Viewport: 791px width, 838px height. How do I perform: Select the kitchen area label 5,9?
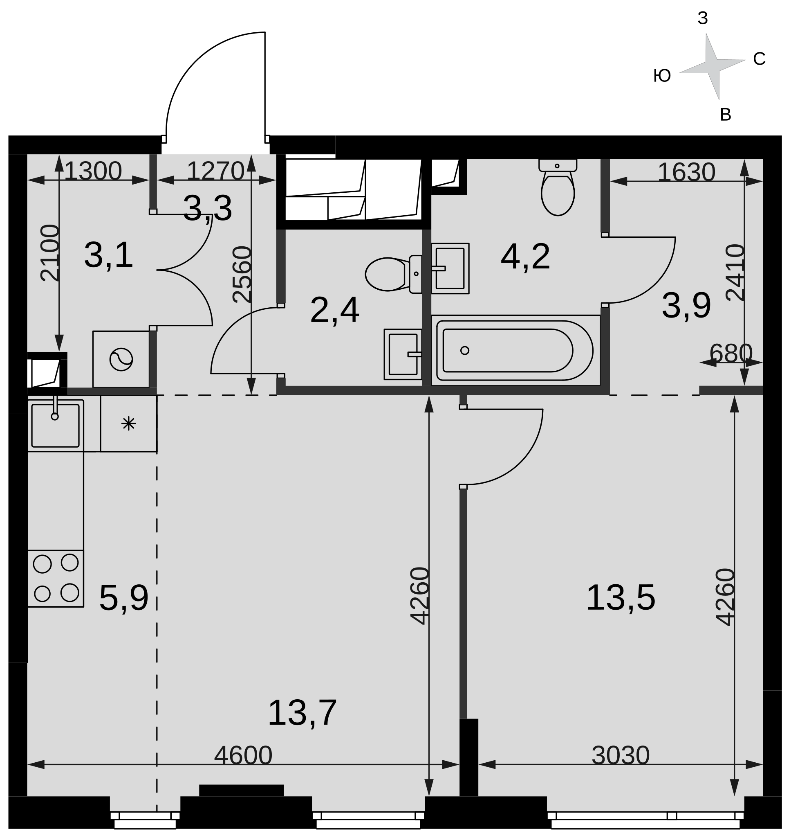(x=123, y=598)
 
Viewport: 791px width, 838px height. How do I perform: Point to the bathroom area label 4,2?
(x=525, y=257)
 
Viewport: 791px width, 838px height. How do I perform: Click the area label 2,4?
(x=334, y=310)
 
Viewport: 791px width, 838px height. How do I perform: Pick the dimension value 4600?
(x=243, y=755)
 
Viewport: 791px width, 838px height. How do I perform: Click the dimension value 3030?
(x=620, y=755)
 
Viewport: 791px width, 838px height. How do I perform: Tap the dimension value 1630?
(x=686, y=172)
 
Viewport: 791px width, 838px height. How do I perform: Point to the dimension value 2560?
(x=242, y=274)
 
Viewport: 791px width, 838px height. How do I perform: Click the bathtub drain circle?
(x=465, y=350)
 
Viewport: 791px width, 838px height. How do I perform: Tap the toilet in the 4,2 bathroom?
(x=558, y=187)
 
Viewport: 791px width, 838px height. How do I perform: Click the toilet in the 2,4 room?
(x=393, y=274)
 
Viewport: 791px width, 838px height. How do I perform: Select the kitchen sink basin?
(x=55, y=425)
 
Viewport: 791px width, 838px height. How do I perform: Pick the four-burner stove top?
(x=56, y=579)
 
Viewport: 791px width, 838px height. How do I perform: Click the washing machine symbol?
(x=121, y=360)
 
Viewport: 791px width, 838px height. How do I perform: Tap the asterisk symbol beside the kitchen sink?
(x=128, y=423)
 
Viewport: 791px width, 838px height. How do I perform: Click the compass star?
(x=713, y=66)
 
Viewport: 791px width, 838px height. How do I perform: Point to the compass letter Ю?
(x=662, y=76)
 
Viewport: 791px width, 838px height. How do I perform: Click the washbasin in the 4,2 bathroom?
(x=450, y=268)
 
